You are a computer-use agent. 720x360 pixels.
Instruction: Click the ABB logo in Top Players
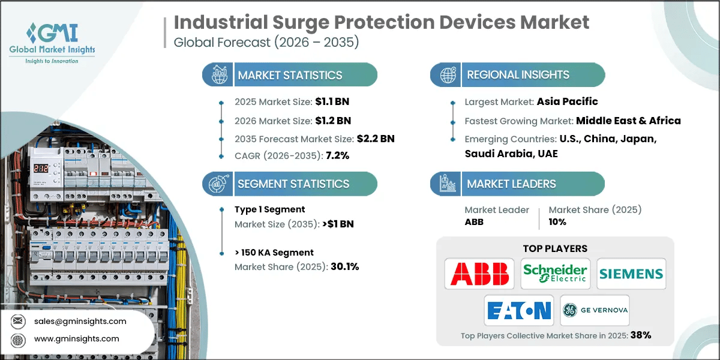[x=479, y=274]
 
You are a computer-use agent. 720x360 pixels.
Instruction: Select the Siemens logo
[x=631, y=274]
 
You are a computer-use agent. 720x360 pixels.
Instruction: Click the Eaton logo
[x=518, y=310]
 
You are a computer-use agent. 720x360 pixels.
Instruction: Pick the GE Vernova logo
[x=595, y=310]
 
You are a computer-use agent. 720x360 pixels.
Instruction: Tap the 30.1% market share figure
[x=344, y=266]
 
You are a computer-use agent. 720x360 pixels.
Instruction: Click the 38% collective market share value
[x=640, y=335]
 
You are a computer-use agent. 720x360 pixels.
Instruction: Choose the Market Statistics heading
[x=290, y=75]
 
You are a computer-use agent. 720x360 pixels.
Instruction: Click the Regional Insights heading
[x=518, y=75]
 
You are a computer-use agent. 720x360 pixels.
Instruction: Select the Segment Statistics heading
[x=293, y=184]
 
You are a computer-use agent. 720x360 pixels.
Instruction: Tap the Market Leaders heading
[x=511, y=184]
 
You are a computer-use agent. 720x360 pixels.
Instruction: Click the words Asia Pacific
[x=567, y=101]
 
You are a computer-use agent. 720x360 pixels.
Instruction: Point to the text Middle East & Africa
[x=628, y=121]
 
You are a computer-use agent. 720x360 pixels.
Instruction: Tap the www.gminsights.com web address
[x=77, y=338]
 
